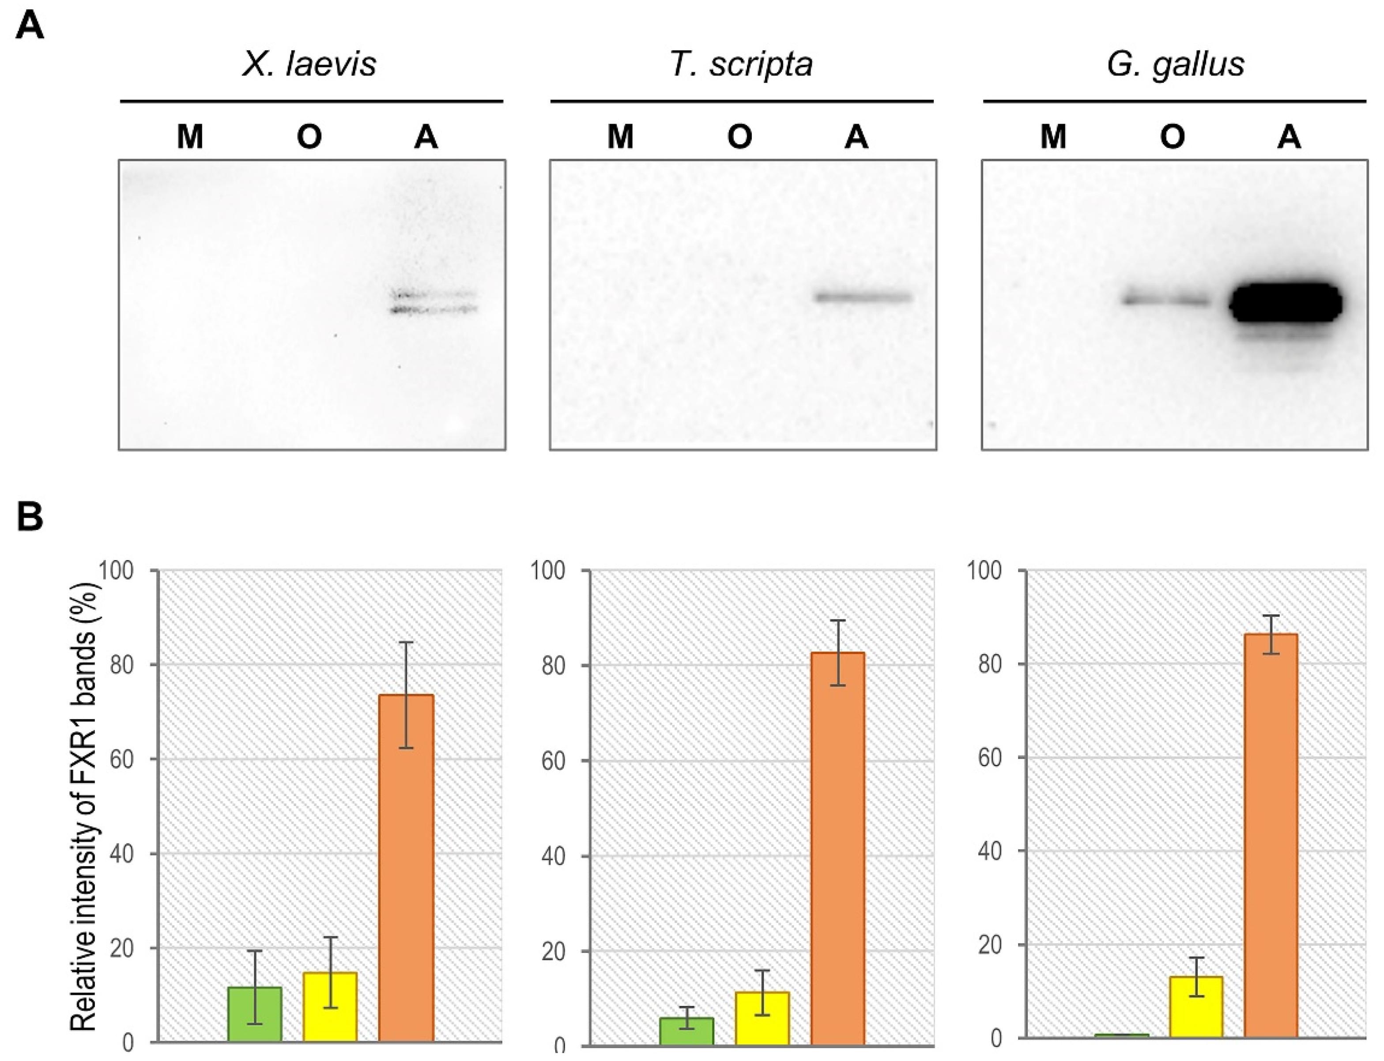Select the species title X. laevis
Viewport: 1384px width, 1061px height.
coord(309,64)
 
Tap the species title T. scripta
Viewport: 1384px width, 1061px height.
coord(741,64)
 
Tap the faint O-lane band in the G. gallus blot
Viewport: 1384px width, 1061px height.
coord(1165,299)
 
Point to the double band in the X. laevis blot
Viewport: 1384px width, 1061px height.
coord(434,302)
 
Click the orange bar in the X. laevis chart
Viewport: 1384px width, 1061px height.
coord(406,869)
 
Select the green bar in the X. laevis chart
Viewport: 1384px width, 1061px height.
coord(255,1014)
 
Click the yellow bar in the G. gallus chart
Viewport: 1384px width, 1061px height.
coord(1196,1007)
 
